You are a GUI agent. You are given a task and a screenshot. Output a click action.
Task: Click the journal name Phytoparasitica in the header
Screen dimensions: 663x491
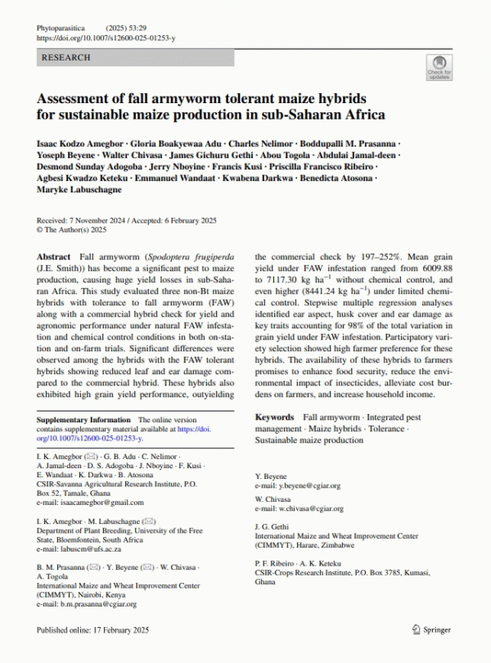[61, 28]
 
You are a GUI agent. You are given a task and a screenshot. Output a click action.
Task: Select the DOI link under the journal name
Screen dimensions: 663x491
[106, 38]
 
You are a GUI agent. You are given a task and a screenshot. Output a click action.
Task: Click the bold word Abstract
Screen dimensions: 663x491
[55, 257]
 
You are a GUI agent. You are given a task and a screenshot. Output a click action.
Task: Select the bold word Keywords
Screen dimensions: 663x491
[274, 417]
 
